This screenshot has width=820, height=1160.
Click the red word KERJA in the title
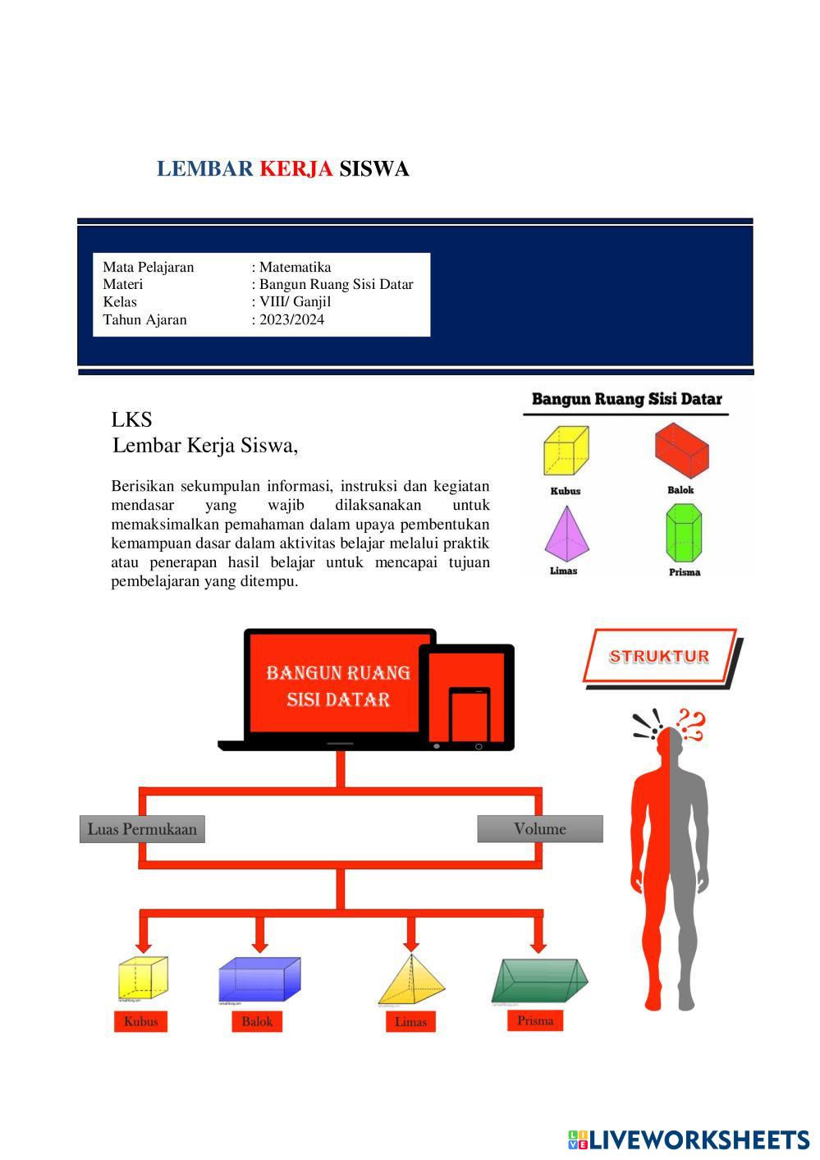pos(295,169)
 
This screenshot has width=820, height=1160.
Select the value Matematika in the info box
pos(295,267)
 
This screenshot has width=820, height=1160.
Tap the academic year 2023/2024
pos(291,319)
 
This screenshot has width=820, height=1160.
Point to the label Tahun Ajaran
pos(144,319)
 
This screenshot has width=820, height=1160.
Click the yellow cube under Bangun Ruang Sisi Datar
pos(566,450)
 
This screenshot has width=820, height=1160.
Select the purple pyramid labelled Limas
pos(565,533)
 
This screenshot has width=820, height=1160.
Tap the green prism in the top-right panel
pos(684,532)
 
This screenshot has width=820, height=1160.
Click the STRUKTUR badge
pos(659,656)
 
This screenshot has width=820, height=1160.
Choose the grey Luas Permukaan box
pos(142,829)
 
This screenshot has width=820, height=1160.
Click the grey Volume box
pos(540,829)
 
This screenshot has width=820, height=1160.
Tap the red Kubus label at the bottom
pos(140,1022)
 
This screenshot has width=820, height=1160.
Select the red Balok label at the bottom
pos(257,1022)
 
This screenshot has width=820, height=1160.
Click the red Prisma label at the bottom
pos(535,1020)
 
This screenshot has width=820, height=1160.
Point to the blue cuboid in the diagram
pos(259,979)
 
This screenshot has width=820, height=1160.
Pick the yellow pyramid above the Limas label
pos(411,980)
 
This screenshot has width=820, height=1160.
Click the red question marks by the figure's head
pos(692,724)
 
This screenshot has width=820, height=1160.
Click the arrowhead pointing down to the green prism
pos(538,945)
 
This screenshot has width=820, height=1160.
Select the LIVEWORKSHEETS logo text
pos(699,1139)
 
